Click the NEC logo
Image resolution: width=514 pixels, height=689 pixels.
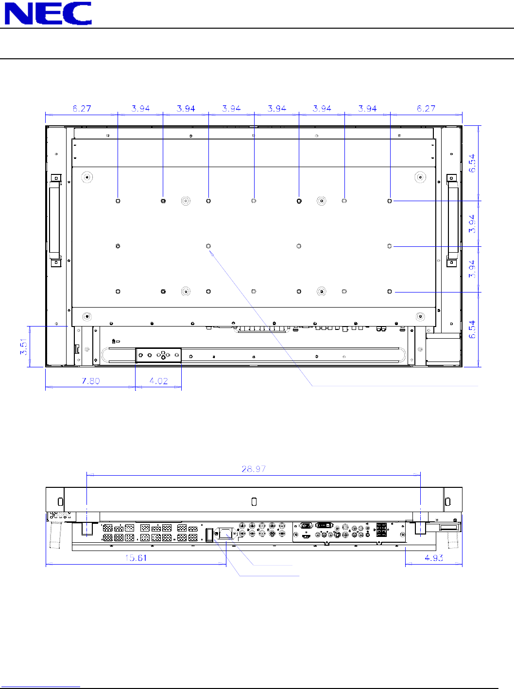[x=48, y=13]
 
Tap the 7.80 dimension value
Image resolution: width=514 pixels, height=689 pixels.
[x=91, y=381]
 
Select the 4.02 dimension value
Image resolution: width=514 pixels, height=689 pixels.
[x=158, y=381]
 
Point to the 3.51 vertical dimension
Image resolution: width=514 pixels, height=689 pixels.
[x=23, y=346]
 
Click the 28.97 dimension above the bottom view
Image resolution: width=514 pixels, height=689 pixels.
[x=254, y=469]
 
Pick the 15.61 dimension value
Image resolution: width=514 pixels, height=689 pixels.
[x=136, y=558]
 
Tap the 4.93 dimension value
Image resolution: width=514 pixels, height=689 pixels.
[x=434, y=558]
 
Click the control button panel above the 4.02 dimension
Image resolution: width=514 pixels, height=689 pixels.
[x=158, y=355]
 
